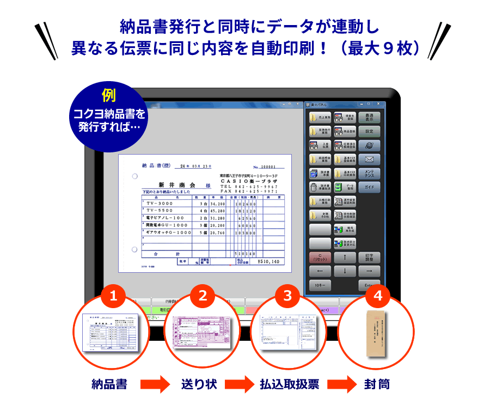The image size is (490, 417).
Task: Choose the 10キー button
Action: pyautogui.click(x=320, y=285)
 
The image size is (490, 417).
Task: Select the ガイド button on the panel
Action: pyautogui.click(x=369, y=188)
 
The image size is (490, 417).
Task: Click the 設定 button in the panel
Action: pyautogui.click(x=369, y=131)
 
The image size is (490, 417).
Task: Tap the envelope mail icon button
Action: pyautogui.click(x=369, y=160)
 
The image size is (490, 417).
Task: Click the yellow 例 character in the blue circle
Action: pyautogui.click(x=108, y=95)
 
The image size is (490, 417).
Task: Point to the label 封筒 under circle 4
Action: pyautogui.click(x=377, y=384)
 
